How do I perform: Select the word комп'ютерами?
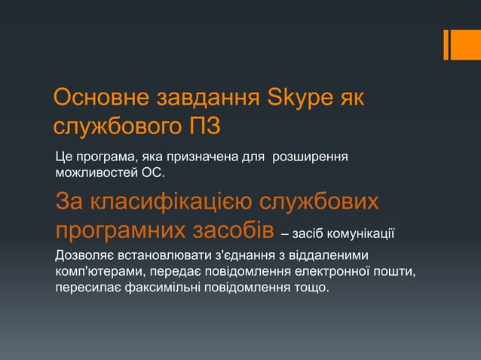(98, 271)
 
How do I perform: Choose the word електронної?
(333, 271)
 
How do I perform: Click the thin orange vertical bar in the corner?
(446, 44)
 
